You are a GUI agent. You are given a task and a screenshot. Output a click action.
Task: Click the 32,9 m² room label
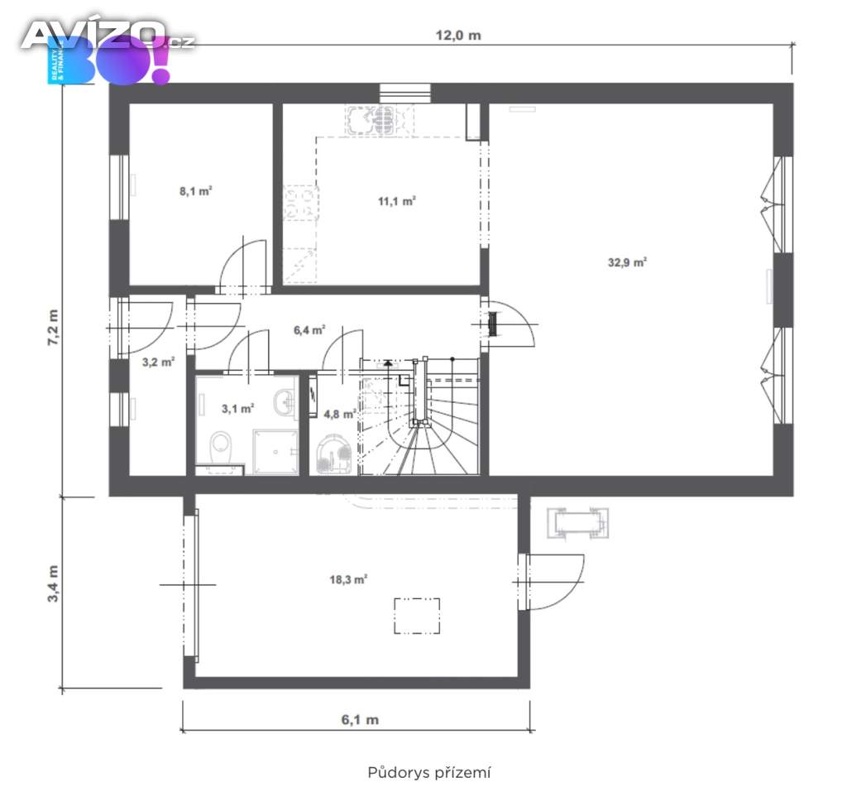point(627,262)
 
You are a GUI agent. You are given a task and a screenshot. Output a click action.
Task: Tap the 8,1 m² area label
point(195,191)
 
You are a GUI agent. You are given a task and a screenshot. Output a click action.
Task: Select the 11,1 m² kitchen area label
point(396,202)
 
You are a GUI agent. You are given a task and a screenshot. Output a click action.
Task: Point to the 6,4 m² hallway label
point(309,329)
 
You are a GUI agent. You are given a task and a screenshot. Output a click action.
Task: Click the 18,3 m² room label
point(348,580)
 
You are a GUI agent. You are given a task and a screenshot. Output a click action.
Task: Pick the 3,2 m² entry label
point(158,362)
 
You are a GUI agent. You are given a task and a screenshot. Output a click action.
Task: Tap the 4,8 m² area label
point(339,415)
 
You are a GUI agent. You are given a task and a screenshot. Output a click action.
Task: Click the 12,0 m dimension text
point(458,36)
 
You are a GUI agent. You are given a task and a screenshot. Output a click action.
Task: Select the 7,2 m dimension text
point(54,328)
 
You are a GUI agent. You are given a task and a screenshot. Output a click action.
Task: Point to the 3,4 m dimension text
point(54,583)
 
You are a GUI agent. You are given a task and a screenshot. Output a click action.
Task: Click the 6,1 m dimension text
point(360,720)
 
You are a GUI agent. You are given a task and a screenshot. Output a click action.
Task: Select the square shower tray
point(275,452)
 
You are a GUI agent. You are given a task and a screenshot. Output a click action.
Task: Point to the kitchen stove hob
point(300,204)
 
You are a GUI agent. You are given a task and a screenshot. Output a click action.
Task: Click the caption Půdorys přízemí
point(429,772)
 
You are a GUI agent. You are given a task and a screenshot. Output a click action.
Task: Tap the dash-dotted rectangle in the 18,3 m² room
point(417,616)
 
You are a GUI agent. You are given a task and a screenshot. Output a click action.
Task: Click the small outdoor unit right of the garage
point(577,523)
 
